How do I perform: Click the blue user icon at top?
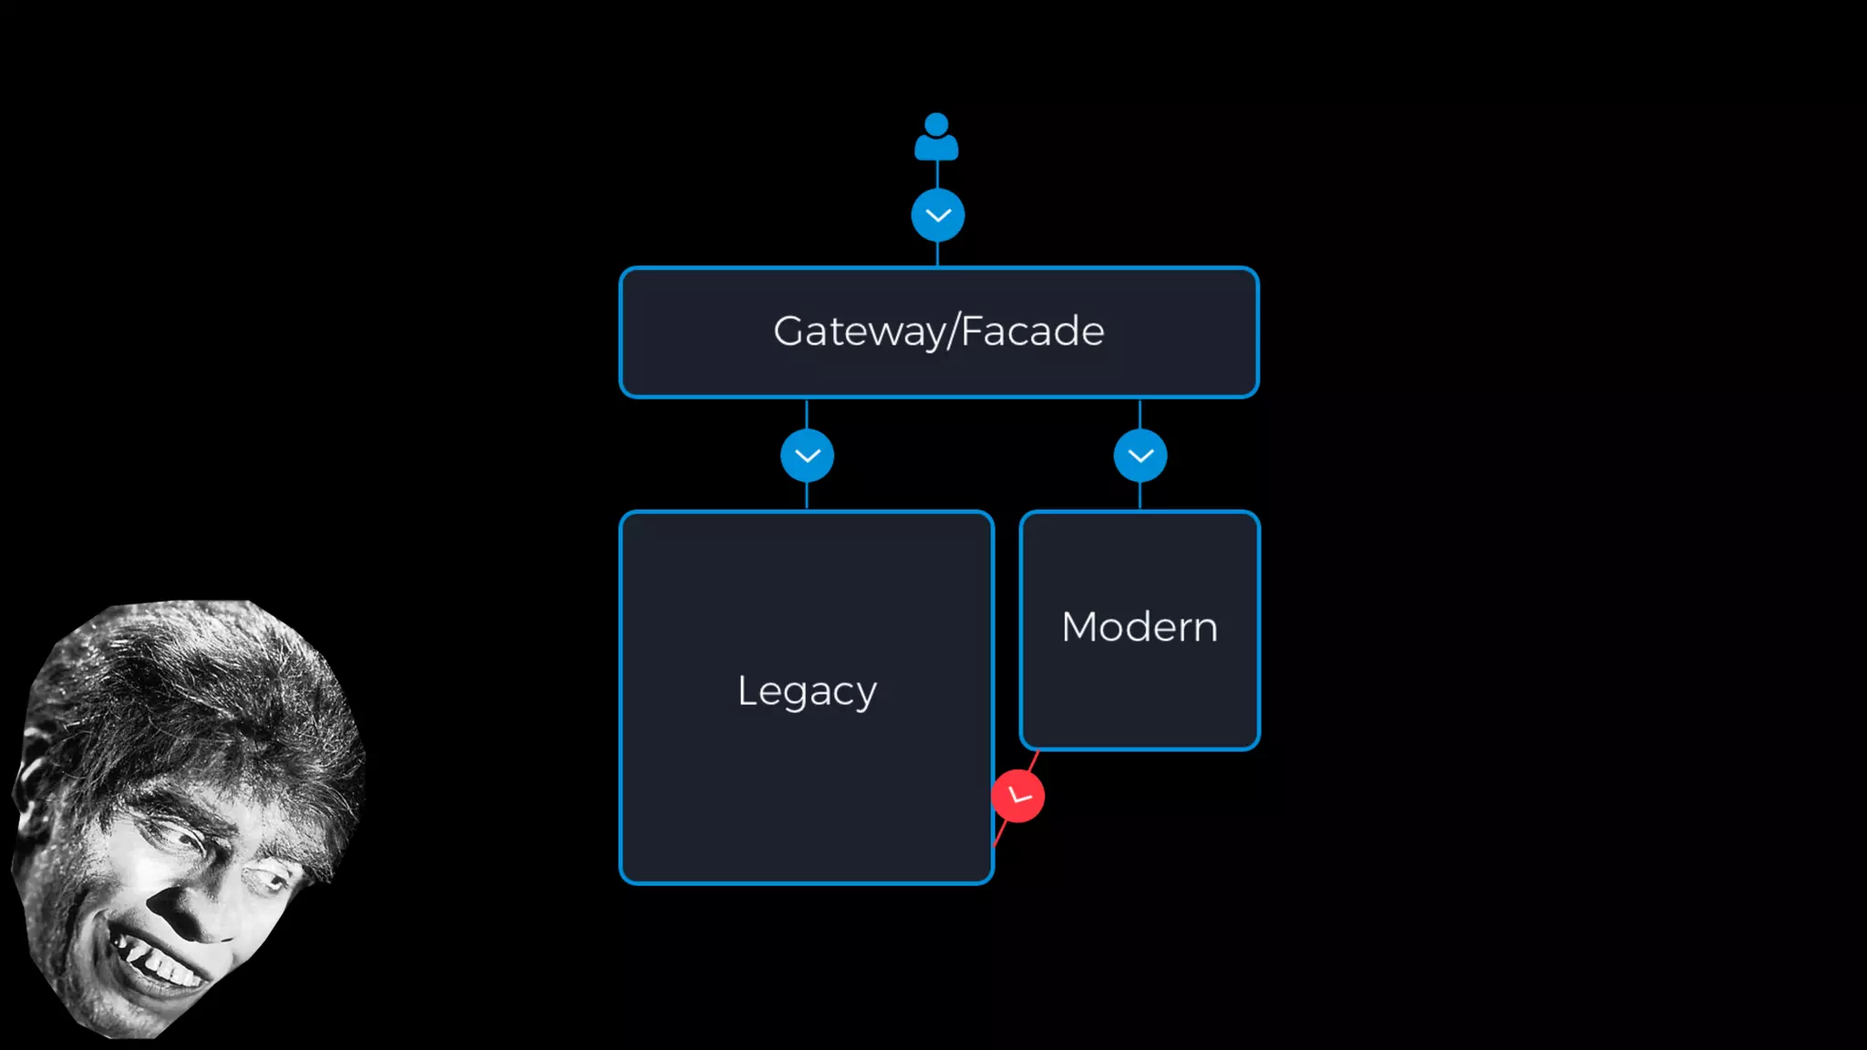point(936,138)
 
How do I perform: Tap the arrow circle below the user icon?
point(937,215)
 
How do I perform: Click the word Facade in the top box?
point(1032,331)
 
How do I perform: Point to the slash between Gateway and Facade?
point(953,332)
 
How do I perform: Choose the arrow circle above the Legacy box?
point(807,456)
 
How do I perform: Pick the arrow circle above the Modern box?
point(1140,456)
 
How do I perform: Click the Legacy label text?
point(807,691)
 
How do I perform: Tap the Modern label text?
point(1140,627)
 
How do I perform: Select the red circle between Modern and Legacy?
point(1018,796)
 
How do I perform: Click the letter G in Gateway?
point(789,331)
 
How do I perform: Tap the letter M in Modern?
point(1081,627)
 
